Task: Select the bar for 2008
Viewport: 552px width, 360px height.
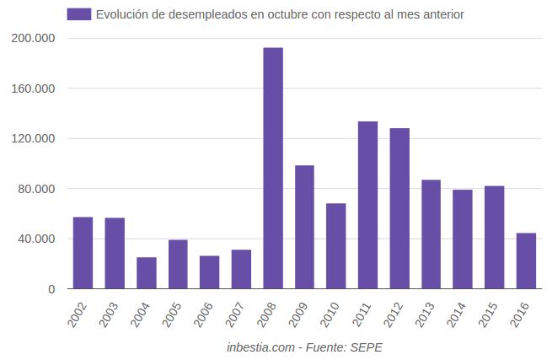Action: coord(273,169)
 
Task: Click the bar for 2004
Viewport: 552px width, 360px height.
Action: coord(147,273)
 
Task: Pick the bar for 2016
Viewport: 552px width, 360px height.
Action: coord(526,261)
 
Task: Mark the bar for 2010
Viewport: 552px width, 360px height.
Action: coord(336,246)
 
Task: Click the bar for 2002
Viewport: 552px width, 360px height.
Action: coord(83,253)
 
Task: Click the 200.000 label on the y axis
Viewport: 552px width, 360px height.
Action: coord(34,39)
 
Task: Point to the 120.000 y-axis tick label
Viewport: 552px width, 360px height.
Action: coord(34,138)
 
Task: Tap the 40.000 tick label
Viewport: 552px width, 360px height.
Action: coord(37,239)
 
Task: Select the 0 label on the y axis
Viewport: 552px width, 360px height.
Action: coord(51,289)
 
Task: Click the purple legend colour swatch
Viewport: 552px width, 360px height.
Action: coord(78,14)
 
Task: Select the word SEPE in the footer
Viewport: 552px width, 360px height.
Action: coord(367,347)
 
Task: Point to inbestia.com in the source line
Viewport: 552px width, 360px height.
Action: coord(260,347)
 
